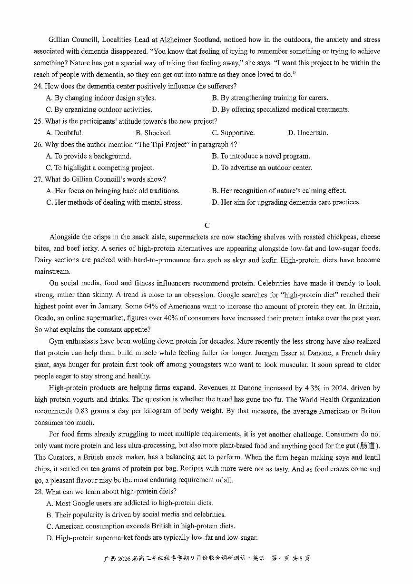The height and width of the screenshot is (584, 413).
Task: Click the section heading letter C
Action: [x=206, y=225]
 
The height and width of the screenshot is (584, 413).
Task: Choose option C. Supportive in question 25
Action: [x=233, y=133]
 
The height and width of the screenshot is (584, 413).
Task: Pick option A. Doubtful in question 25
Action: [x=64, y=133]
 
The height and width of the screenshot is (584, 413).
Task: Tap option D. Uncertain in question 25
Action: [x=308, y=133]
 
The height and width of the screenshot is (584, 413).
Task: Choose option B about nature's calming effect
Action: [x=279, y=191]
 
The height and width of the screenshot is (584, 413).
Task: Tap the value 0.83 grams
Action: [x=93, y=411]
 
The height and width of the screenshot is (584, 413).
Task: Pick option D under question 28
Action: [x=152, y=538]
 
